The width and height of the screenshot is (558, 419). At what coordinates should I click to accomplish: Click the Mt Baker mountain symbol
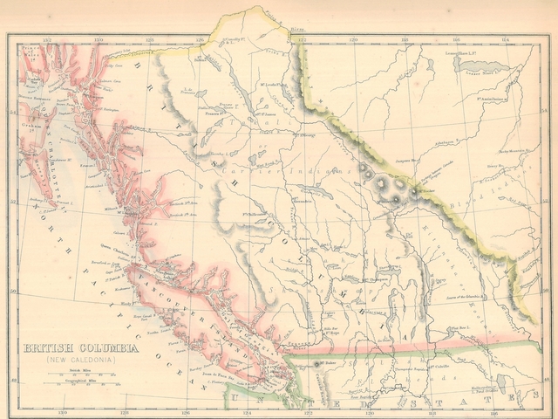pos(316,365)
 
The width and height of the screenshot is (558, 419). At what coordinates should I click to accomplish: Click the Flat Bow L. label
pos(460,326)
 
